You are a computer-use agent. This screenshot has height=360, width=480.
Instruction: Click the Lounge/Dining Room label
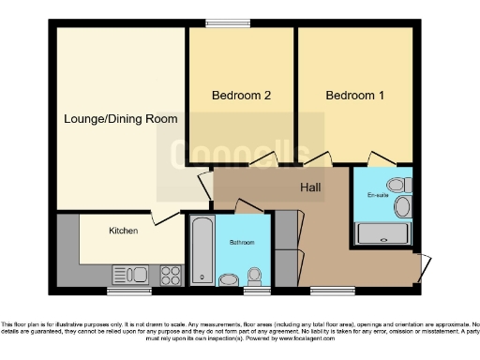120,119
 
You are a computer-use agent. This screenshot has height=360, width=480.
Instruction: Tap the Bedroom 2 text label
241,96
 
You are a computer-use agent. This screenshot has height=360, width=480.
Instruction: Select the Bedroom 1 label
354,96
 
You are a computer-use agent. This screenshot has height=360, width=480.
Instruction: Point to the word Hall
310,188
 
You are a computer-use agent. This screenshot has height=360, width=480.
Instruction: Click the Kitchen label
123,230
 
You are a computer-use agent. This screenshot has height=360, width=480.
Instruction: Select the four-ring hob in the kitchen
172,275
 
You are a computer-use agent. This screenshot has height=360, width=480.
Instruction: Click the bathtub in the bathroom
202,251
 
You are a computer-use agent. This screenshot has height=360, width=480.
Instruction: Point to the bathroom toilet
254,276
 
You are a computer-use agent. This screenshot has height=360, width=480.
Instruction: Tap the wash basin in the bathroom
229,278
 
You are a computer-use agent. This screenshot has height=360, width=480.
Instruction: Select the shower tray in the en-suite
383,234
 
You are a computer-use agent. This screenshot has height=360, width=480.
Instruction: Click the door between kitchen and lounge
167,217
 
